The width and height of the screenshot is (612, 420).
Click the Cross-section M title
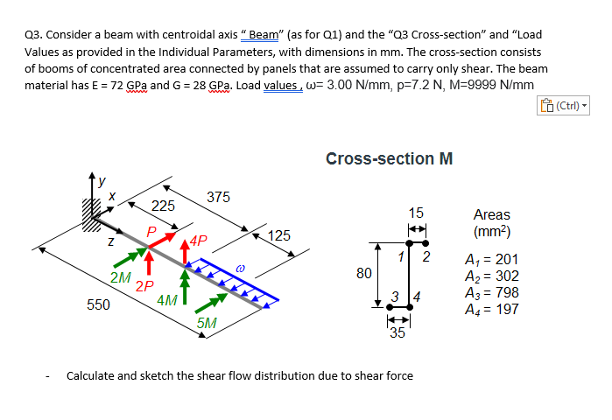click(x=389, y=159)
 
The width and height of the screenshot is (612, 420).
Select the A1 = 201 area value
click(x=496, y=259)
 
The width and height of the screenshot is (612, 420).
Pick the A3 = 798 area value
click(x=496, y=292)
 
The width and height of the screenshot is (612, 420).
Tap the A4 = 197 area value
click(x=496, y=309)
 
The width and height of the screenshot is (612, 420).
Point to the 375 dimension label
click(x=218, y=197)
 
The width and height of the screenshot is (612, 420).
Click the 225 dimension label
click(x=164, y=206)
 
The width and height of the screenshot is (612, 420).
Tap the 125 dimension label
click(x=279, y=235)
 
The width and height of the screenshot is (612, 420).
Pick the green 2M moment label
click(x=121, y=277)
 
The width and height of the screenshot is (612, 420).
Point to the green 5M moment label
click(x=208, y=323)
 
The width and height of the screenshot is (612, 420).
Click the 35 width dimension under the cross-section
click(x=397, y=332)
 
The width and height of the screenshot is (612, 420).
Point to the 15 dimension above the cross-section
click(x=416, y=213)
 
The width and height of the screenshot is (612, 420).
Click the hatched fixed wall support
click(x=90, y=213)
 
